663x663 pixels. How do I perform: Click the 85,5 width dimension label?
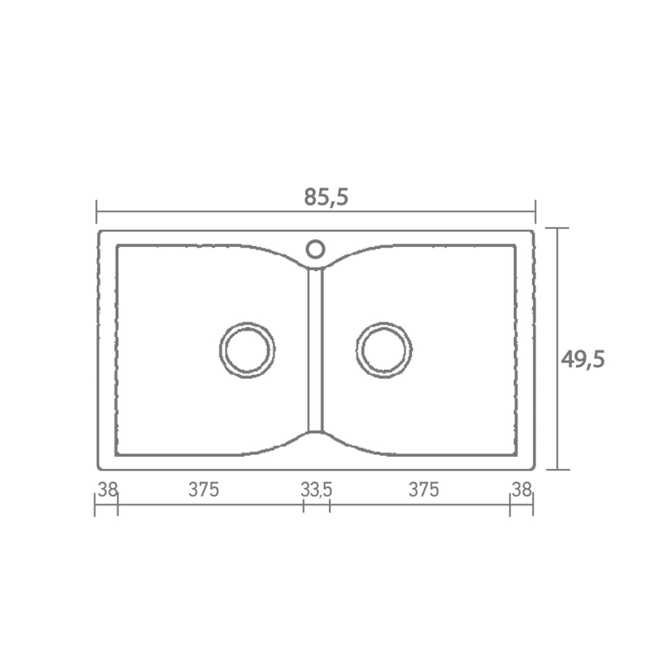[326, 197]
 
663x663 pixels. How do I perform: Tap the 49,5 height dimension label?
[583, 360]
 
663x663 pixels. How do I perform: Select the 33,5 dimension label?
[317, 490]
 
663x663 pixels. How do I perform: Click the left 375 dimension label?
[203, 490]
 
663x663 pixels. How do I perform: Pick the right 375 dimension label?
[423, 490]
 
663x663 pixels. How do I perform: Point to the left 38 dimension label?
[108, 490]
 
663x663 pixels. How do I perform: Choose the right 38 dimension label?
[521, 490]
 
